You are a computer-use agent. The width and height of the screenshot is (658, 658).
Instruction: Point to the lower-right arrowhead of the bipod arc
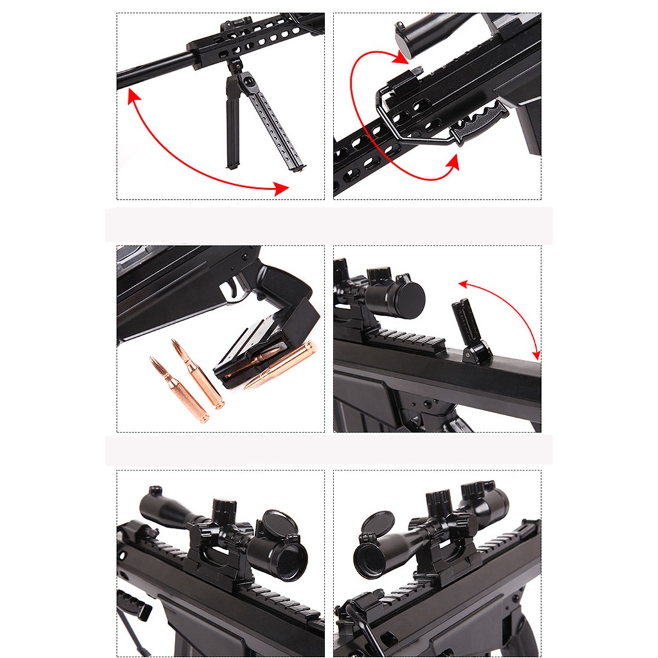[280, 188]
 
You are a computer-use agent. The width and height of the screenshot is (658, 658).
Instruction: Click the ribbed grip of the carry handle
[479, 122]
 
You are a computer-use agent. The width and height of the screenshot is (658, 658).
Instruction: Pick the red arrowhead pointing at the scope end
[403, 58]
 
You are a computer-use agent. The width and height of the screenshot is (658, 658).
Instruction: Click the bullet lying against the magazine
[283, 364]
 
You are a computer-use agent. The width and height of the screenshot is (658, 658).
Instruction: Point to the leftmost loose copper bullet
[178, 389]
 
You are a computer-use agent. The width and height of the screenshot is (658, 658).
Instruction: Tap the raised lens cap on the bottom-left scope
[281, 523]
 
